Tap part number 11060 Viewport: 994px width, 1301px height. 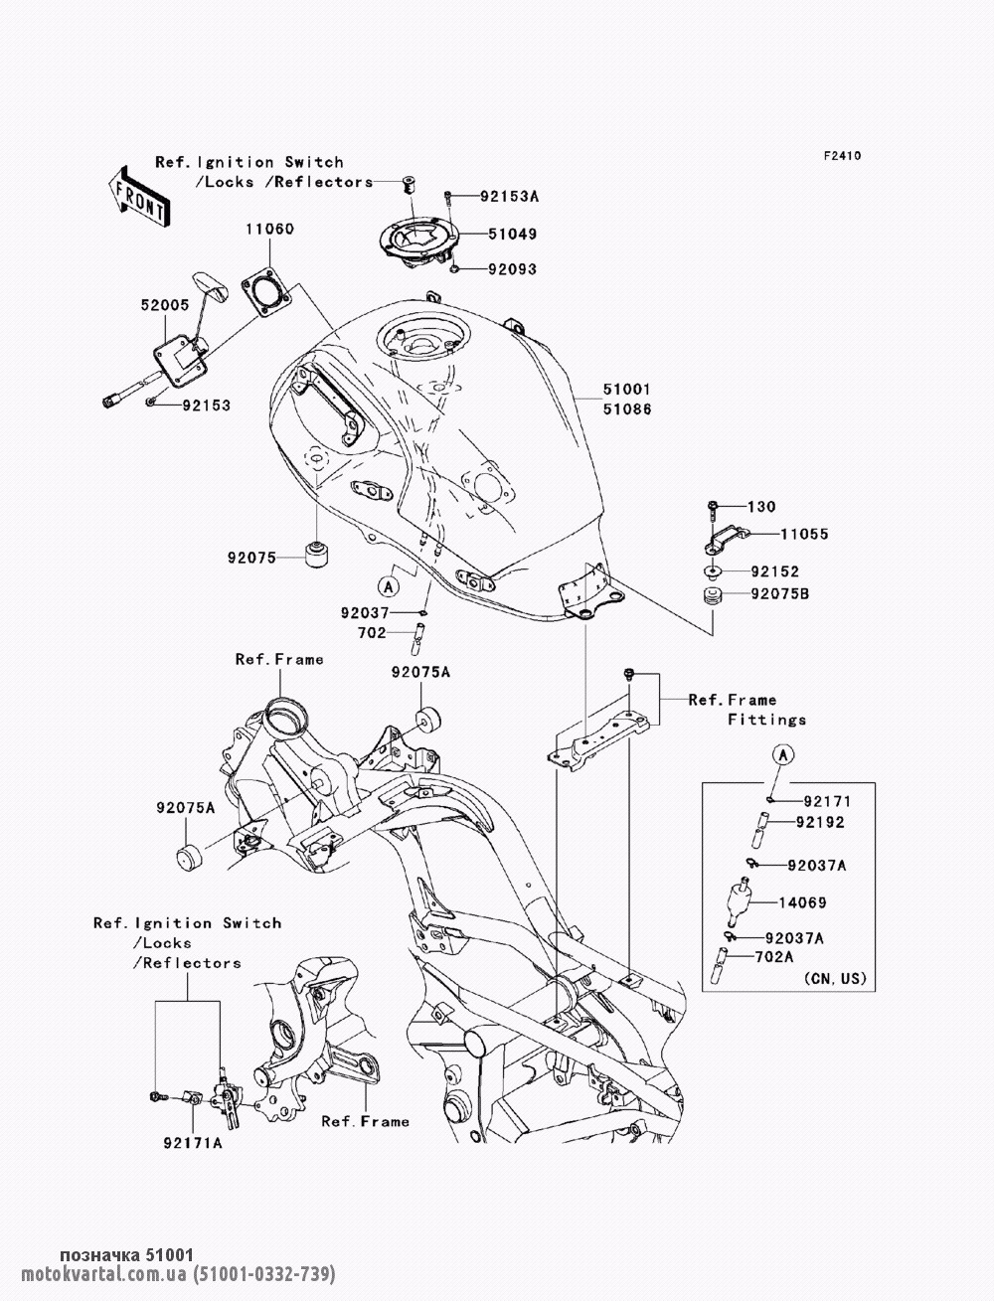[270, 229]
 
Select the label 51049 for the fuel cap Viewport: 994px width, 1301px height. [513, 235]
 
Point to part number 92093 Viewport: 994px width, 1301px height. [513, 269]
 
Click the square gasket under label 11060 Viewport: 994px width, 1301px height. [266, 291]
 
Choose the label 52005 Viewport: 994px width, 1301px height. [165, 305]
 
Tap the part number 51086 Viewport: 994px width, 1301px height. [627, 409]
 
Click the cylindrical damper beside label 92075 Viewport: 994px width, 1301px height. [318, 554]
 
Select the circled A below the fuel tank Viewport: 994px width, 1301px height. [389, 586]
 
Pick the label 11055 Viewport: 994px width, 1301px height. [804, 535]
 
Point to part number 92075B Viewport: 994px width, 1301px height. [780, 594]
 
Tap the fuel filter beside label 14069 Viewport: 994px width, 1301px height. [739, 901]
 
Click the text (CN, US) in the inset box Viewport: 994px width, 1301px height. [835, 979]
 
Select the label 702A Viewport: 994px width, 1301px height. [774, 957]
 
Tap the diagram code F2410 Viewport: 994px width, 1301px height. [842, 156]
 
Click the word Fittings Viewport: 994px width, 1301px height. [767, 721]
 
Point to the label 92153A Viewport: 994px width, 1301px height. [510, 196]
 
